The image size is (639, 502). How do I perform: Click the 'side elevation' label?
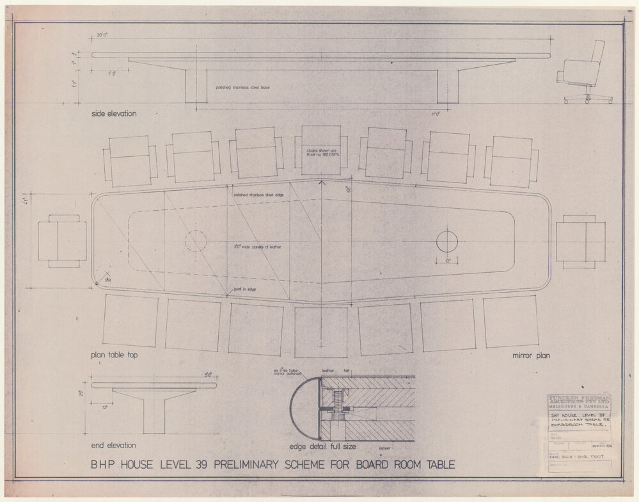pos(113,113)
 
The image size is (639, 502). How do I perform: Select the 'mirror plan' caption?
pos(531,355)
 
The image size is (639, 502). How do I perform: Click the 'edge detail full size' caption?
pos(322,446)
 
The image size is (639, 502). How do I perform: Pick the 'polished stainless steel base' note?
pos(242,87)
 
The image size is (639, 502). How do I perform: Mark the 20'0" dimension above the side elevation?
pos(104,35)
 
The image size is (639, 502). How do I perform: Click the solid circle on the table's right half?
pos(446,241)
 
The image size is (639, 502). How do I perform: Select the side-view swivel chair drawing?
pos(584,73)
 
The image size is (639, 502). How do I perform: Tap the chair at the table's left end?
pos(61,241)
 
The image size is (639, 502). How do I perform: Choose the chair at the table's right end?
pos(580,241)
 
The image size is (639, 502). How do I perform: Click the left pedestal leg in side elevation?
pos(196,85)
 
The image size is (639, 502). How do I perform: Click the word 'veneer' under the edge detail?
pos(385,449)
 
